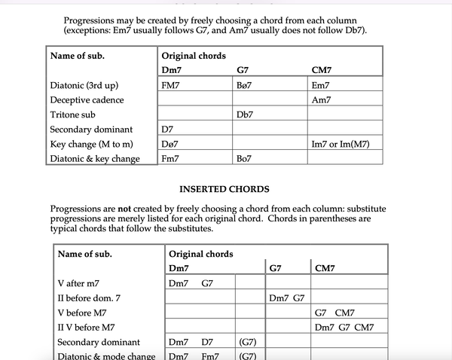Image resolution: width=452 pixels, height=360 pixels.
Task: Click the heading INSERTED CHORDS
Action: (x=224, y=189)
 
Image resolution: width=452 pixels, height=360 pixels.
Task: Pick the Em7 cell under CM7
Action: (x=321, y=85)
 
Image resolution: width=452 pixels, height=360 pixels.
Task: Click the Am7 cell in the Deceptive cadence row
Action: (x=321, y=99)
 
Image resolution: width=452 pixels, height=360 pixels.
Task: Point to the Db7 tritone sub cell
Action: (x=245, y=114)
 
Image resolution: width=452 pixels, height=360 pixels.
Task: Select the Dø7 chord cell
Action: (x=170, y=144)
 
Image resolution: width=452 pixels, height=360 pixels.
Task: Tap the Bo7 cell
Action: (x=244, y=159)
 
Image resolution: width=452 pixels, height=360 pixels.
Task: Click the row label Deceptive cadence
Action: (x=87, y=99)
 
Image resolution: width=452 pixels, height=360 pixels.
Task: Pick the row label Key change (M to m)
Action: (x=91, y=144)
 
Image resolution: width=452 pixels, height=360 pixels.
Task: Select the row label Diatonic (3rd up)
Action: (x=84, y=85)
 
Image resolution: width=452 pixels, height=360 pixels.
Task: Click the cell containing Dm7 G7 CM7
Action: (x=344, y=327)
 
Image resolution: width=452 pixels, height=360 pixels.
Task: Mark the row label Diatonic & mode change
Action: (x=106, y=355)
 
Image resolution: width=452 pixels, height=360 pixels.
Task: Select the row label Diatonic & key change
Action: (x=94, y=159)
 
